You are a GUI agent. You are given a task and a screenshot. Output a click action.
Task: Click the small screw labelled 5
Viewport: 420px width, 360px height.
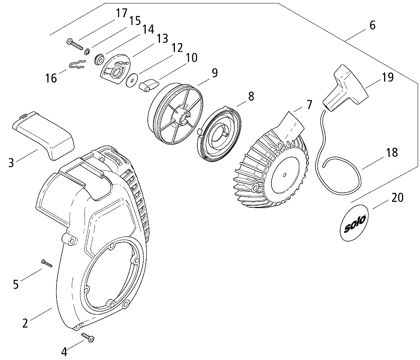click(x=46, y=263)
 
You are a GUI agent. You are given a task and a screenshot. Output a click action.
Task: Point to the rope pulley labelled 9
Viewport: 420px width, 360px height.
click(x=176, y=115)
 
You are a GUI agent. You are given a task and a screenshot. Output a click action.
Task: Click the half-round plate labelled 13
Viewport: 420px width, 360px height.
click(x=115, y=69)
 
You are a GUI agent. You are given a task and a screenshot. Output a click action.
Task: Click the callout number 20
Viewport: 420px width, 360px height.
click(x=397, y=198)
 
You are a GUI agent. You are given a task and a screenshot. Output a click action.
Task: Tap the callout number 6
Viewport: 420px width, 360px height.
click(x=372, y=26)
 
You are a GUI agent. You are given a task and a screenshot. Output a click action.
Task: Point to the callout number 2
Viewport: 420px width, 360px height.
click(x=25, y=323)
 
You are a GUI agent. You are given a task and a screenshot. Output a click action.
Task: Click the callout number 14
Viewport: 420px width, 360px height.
click(x=148, y=29)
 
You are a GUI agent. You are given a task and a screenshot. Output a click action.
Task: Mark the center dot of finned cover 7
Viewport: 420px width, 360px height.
click(x=285, y=175)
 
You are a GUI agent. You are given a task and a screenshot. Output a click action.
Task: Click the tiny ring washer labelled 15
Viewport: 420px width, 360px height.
click(x=87, y=52)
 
